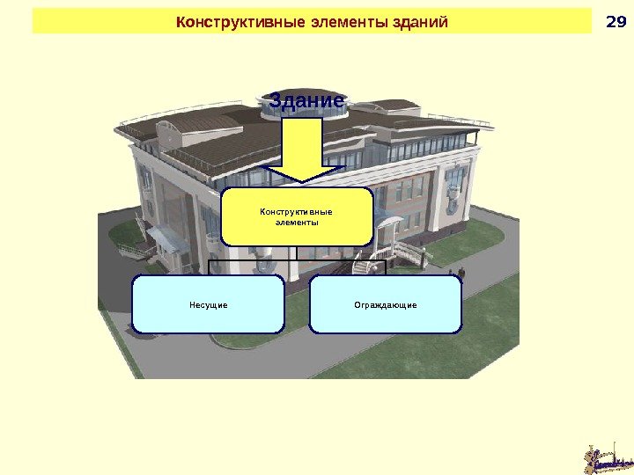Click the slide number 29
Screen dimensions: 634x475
coord(615,21)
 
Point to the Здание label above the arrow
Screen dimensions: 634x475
coord(306,102)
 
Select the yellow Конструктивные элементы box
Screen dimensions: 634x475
coord(298,216)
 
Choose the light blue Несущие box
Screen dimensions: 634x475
coord(209,304)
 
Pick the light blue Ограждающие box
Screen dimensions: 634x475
coord(386,304)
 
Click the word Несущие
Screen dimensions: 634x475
coord(209,305)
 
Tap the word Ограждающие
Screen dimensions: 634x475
coord(386,305)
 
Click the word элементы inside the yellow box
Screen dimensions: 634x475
coord(298,223)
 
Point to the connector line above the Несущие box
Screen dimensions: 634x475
coord(209,267)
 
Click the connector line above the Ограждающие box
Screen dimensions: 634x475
coord(386,267)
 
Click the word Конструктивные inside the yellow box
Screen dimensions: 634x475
coord(298,211)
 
